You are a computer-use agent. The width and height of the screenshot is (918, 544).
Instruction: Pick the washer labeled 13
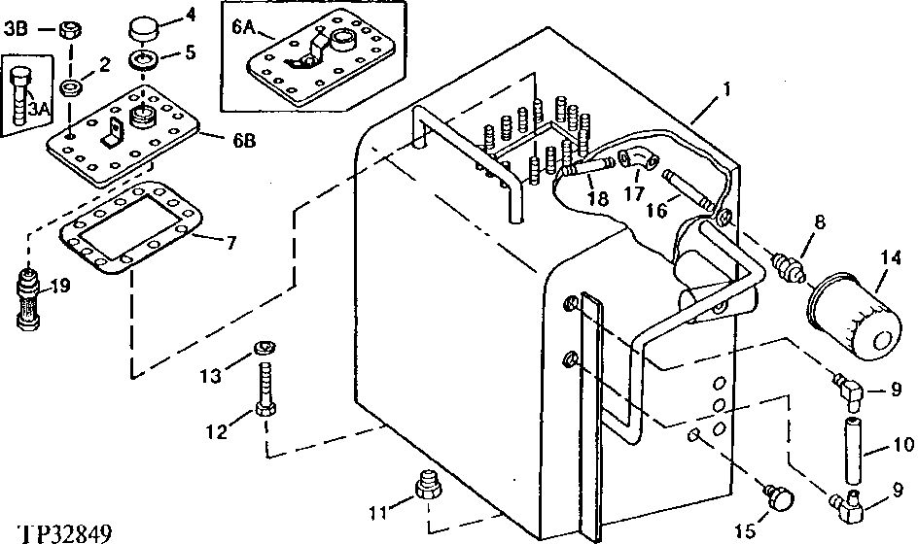click(x=264, y=348)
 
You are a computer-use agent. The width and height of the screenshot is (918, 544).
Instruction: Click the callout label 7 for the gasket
click(x=231, y=242)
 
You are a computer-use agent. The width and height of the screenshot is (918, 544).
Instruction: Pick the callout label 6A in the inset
click(x=243, y=29)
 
